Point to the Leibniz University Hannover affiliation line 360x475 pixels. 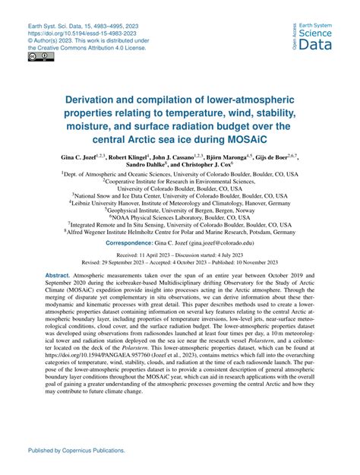[180, 204]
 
